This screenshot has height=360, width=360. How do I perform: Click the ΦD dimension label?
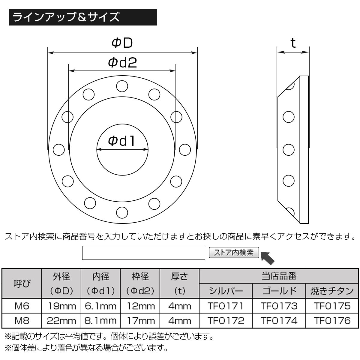click(122, 43)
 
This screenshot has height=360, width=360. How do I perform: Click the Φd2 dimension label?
click(122, 63)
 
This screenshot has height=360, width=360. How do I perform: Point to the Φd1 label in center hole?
click(122, 141)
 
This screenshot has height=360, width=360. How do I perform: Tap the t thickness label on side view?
click(293, 43)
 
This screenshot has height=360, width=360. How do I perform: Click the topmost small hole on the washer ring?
click(122, 86)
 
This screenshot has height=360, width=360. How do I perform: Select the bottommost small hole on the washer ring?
click(122, 212)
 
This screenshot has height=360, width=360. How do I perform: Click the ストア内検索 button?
click(234, 253)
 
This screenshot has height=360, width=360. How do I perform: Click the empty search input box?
click(143, 253)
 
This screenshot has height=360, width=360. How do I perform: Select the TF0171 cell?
click(226, 306)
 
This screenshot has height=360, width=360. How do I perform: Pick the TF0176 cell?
click(332, 320)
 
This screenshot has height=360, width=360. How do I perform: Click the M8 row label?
click(22, 320)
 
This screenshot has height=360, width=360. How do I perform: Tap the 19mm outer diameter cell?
click(61, 306)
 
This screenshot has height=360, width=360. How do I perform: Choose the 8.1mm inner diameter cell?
click(100, 320)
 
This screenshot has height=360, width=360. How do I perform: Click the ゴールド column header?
click(279, 291)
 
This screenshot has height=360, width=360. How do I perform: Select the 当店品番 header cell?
click(279, 276)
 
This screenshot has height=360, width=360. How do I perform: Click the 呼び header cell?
click(22, 283)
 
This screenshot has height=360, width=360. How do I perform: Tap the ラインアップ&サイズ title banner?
click(83, 17)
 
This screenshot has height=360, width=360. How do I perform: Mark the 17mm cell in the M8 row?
click(140, 320)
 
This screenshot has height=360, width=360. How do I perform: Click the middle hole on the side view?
click(289, 149)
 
